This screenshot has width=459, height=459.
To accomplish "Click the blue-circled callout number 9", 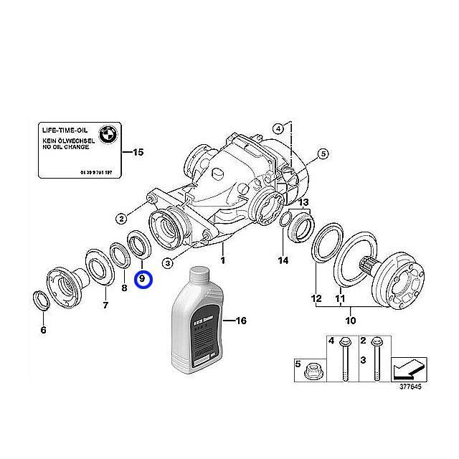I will (142, 279).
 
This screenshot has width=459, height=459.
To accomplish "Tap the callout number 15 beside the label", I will (138, 152).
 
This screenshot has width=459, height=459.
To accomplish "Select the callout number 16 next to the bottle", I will (240, 321).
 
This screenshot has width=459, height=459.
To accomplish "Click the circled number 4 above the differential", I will (278, 128).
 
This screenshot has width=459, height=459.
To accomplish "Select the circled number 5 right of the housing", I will (323, 153).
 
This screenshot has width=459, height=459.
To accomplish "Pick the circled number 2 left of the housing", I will (122, 218).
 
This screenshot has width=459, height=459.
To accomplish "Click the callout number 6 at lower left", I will (42, 330).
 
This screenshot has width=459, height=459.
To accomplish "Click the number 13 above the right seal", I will (303, 202).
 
